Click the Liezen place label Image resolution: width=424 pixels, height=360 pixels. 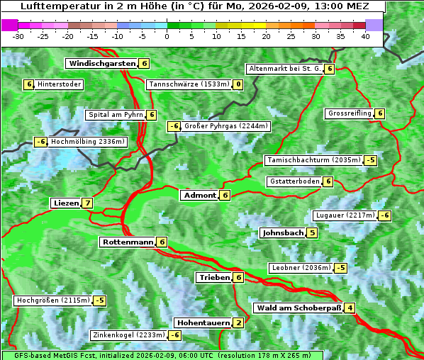pyautogui.click(x=66, y=203)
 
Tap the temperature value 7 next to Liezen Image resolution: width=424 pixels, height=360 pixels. pyautogui.click(x=87, y=203)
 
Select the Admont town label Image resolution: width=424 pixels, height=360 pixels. pyautogui.click(x=199, y=196)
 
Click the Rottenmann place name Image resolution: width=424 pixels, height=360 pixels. pyautogui.click(x=128, y=242)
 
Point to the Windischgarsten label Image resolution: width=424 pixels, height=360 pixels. pyautogui.click(x=102, y=64)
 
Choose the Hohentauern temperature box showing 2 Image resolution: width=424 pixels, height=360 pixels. pyautogui.click(x=238, y=323)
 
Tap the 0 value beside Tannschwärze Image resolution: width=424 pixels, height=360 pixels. pyautogui.click(x=238, y=85)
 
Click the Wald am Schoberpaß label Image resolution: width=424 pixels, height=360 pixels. pyautogui.click(x=298, y=308)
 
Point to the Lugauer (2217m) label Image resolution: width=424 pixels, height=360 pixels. pyautogui.click(x=344, y=215)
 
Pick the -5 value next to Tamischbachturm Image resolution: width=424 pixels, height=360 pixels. pyautogui.click(x=370, y=160)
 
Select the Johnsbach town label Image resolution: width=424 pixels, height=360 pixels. pyautogui.click(x=283, y=233)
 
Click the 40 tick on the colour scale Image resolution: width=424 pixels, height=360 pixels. pyautogui.click(x=366, y=36)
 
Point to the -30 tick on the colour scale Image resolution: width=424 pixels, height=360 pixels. pyautogui.click(x=18, y=36)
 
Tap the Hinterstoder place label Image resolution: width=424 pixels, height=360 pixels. pyautogui.click(x=60, y=85)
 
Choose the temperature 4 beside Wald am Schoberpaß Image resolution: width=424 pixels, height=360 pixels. pyautogui.click(x=350, y=308)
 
